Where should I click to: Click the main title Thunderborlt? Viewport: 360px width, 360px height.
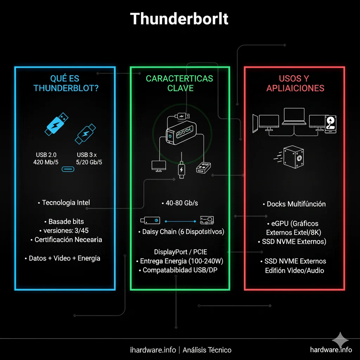pyautogui.click(x=179, y=19)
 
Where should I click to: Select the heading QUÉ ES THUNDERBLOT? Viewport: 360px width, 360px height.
pyautogui.click(x=66, y=83)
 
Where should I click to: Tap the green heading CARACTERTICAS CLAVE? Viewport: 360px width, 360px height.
pyautogui.click(x=180, y=83)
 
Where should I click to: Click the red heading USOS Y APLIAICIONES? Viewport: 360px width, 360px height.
pyautogui.click(x=295, y=83)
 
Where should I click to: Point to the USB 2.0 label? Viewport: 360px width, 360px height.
pyautogui.click(x=46, y=155)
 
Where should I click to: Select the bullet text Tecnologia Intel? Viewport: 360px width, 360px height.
pyautogui.click(x=65, y=202)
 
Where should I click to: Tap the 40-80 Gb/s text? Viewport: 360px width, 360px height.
pyautogui.click(x=180, y=203)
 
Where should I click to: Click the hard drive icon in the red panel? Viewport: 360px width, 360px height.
pyautogui.click(x=331, y=124)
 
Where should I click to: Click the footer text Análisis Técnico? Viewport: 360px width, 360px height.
pyautogui.click(x=210, y=350)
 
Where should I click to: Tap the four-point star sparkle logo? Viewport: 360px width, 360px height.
pyautogui.click(x=340, y=340)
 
